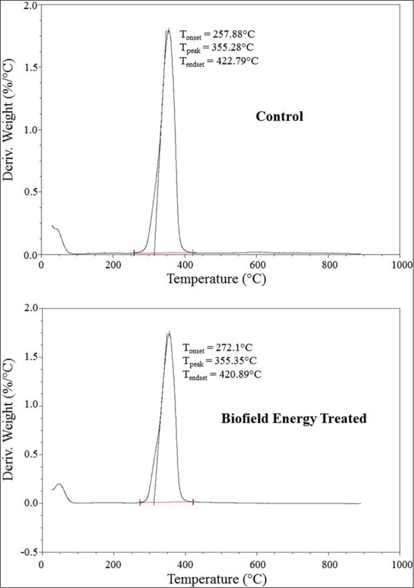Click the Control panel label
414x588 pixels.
[x=279, y=116]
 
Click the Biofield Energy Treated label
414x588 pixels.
[x=294, y=418]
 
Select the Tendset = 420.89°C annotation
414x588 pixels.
[x=222, y=374]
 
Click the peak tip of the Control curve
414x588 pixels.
[x=169, y=30]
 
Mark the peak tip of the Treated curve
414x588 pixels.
[x=169, y=334]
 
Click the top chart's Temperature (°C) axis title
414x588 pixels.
[x=216, y=279]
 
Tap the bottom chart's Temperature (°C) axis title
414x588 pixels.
[x=216, y=579]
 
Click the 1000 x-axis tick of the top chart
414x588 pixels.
[x=400, y=265]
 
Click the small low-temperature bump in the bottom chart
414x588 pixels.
[x=59, y=485]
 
